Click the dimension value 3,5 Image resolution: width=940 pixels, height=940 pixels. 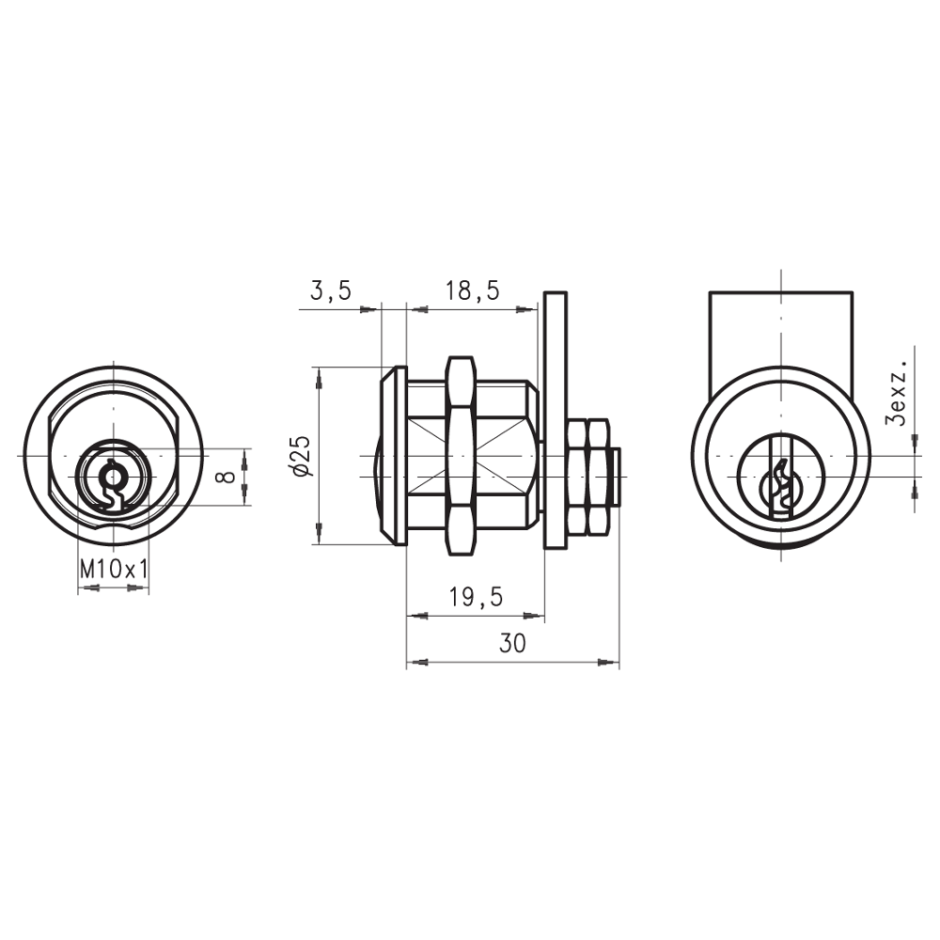click(330, 291)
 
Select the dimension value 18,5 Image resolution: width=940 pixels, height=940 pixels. click(472, 291)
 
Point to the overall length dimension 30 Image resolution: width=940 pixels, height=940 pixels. click(512, 644)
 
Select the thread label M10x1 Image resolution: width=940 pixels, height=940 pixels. click(114, 569)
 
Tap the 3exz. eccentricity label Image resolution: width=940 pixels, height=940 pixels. click(900, 392)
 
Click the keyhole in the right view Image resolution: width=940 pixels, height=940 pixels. click(779, 484)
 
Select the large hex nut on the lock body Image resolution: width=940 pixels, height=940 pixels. click(460, 456)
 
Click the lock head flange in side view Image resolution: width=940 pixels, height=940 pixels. click(393, 456)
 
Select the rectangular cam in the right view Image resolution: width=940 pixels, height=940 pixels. click(780, 329)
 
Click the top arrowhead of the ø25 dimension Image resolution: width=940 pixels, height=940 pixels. click(320, 377)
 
